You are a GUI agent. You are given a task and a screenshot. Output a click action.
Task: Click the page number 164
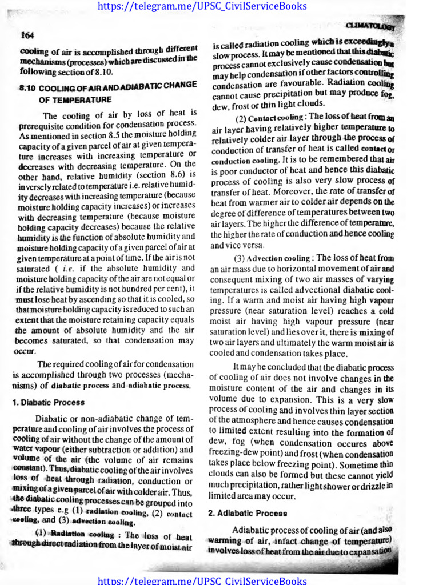[26, 35]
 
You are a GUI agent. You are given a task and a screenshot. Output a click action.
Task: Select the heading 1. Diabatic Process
[49, 402]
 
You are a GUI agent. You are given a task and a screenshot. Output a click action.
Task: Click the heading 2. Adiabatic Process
[248, 514]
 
